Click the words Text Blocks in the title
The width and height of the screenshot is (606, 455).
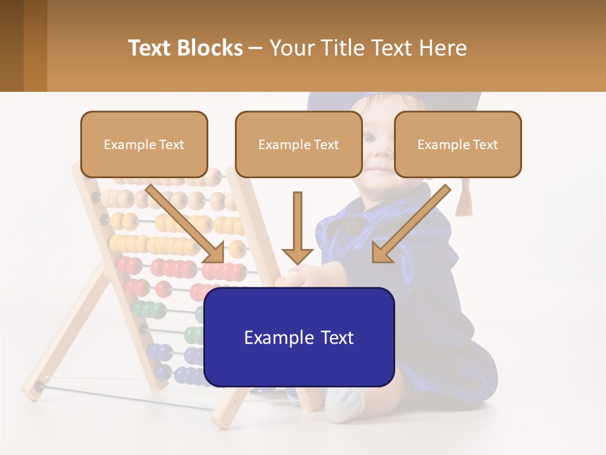click(186, 48)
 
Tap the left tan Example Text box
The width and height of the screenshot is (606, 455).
click(144, 144)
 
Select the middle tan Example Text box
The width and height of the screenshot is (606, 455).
click(299, 144)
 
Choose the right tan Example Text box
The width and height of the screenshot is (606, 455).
click(458, 144)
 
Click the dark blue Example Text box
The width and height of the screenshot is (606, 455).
click(299, 337)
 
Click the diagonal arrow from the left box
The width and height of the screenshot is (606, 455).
click(186, 224)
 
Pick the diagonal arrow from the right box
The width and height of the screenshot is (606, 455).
click(410, 224)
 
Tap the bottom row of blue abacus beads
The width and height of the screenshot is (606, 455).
click(183, 375)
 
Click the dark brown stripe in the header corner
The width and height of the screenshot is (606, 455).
click(11, 45)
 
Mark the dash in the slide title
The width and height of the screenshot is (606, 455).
click(256, 48)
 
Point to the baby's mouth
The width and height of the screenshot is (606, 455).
click(379, 169)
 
